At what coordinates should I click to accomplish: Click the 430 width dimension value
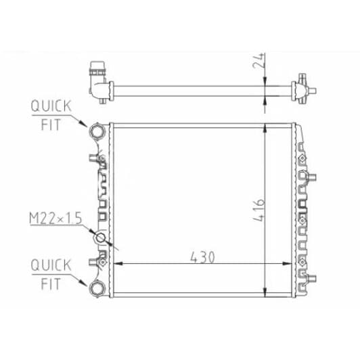(x=202, y=257)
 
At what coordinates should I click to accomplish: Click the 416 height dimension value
(x=258, y=210)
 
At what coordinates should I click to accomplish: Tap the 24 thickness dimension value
(x=258, y=61)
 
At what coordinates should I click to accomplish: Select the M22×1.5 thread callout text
(x=55, y=218)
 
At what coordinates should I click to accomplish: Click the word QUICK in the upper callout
(x=51, y=106)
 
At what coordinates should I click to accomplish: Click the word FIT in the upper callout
(x=51, y=125)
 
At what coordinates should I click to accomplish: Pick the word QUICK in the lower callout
(x=51, y=265)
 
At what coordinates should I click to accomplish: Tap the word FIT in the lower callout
(x=51, y=284)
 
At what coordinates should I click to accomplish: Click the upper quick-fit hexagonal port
(x=97, y=131)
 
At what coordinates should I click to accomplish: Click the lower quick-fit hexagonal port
(x=97, y=288)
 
